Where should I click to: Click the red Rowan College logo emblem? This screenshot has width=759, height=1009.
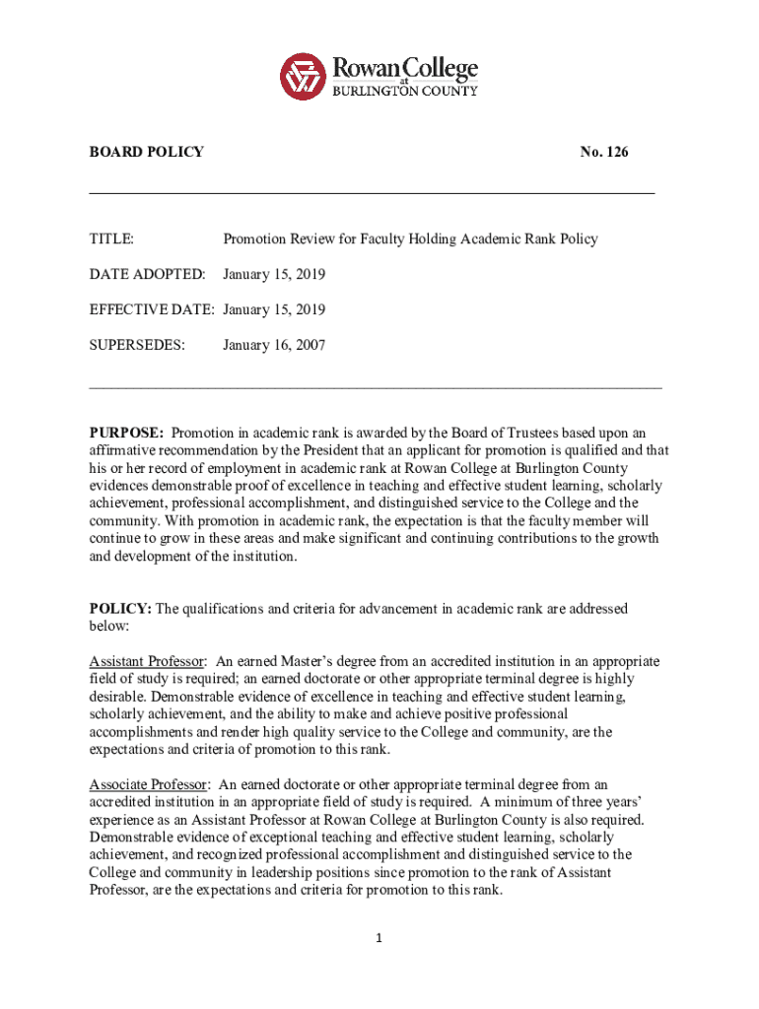(303, 75)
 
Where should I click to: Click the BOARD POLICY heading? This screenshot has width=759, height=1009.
(147, 152)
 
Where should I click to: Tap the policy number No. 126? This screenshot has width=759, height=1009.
(604, 152)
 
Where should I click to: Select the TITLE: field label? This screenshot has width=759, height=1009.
(112, 238)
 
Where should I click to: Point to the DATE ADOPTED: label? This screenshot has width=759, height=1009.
(148, 274)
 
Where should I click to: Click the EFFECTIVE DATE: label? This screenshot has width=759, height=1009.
(153, 309)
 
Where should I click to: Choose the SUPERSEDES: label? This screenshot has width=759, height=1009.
(137, 345)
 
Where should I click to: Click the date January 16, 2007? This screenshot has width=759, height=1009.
(274, 345)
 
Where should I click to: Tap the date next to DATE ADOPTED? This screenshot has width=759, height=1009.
(274, 274)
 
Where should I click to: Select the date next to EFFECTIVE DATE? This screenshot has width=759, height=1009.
(274, 309)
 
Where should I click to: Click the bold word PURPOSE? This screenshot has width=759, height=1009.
(127, 433)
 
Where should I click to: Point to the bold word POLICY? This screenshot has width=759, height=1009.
(120, 609)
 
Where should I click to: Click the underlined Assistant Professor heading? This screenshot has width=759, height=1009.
(148, 661)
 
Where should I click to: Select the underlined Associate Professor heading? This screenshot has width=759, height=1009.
(149, 784)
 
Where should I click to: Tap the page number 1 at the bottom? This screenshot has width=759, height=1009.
(379, 937)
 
